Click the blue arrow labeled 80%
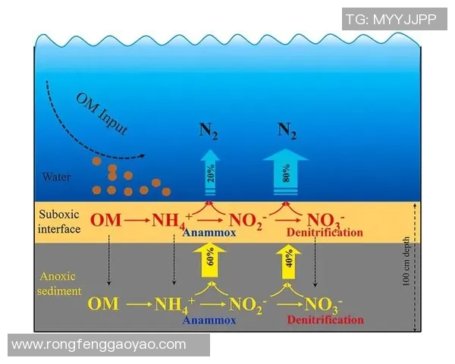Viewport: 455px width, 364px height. pyautogui.click(x=286, y=174)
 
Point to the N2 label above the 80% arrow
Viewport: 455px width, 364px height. pyautogui.click(x=286, y=130)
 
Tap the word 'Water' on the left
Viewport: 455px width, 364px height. pyautogui.click(x=57, y=178)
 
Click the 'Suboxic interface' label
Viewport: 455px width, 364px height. pyautogui.click(x=59, y=221)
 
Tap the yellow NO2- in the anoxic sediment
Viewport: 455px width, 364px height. pyautogui.click(x=246, y=305)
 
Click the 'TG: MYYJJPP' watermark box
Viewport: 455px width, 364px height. pyautogui.click(x=391, y=20)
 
